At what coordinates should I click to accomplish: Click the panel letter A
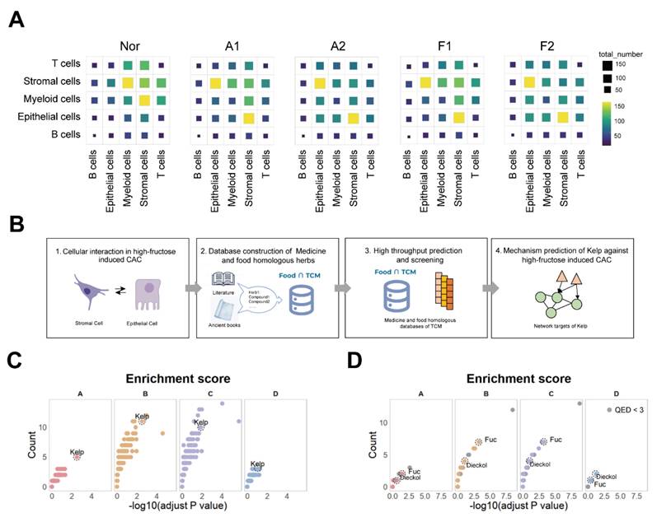[x=16, y=18]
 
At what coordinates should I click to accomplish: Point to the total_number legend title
[x=618, y=54]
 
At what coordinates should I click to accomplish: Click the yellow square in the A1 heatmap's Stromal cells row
[x=214, y=82]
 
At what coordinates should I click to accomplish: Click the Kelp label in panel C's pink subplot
[x=77, y=451]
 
